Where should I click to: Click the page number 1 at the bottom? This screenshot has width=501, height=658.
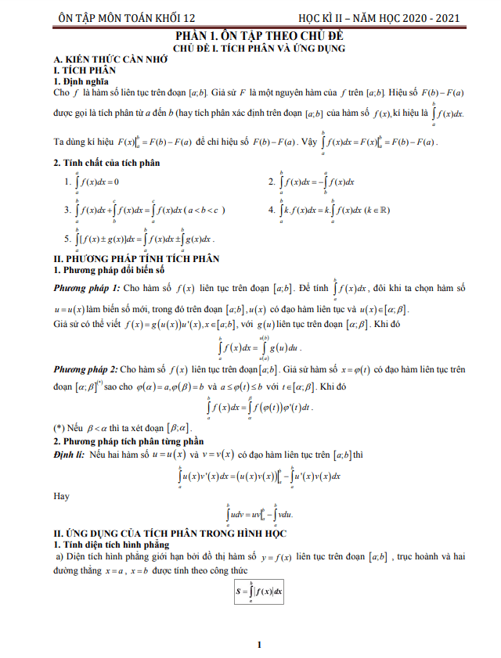(x=258, y=645)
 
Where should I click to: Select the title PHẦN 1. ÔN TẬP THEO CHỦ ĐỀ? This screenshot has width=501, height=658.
(x=259, y=36)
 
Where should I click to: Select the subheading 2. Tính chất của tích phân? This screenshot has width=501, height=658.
(x=106, y=163)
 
